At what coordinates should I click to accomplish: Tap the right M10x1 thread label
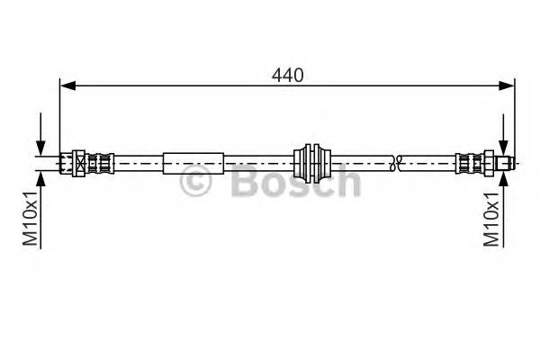492,218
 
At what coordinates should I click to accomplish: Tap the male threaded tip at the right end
508,163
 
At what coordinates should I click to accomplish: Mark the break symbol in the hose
395,163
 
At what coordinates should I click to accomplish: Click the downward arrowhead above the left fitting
40,149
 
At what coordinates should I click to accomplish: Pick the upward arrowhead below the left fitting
40,176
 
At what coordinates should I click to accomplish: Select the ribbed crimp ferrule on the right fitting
468,163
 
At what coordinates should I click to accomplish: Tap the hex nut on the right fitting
490,163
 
